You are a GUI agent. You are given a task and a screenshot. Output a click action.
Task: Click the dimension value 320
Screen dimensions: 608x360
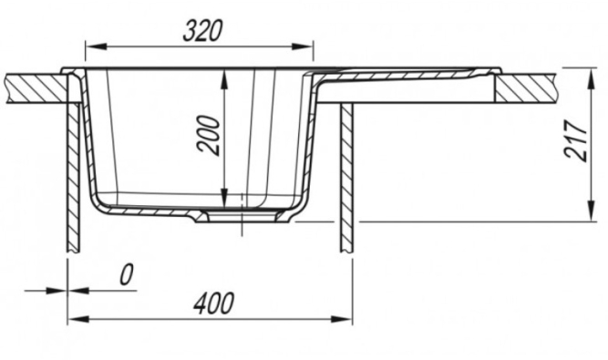pyautogui.click(x=202, y=31)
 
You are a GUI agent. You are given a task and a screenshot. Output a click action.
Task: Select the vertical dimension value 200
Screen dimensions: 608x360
pyautogui.click(x=209, y=135)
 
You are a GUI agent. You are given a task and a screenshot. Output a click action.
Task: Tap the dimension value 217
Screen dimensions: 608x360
pyautogui.click(x=576, y=140)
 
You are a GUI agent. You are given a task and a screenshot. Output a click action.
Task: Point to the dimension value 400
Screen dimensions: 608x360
pyautogui.click(x=213, y=303)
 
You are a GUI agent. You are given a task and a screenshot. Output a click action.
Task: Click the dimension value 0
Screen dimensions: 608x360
pyautogui.click(x=127, y=274)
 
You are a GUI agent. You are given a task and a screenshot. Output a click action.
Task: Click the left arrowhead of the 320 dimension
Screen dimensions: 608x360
pyautogui.click(x=96, y=46)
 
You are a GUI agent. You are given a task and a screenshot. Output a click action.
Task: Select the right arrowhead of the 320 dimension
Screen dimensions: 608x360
pyautogui.click(x=303, y=46)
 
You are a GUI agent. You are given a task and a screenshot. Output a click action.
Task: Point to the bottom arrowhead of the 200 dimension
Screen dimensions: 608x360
pyautogui.click(x=224, y=197)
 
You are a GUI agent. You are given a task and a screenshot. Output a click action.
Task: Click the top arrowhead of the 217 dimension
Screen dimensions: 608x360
pyautogui.click(x=592, y=78)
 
